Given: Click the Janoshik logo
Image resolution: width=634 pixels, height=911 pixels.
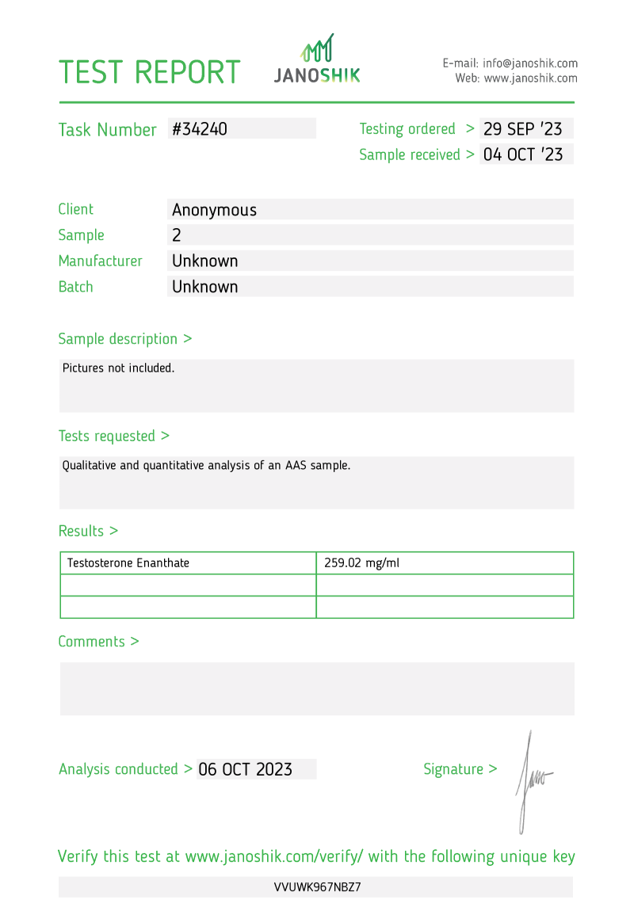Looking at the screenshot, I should [x=317, y=60].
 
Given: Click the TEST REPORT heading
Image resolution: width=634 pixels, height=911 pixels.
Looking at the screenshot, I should [x=149, y=72].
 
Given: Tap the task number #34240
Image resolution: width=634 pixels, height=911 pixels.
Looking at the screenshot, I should [x=200, y=129].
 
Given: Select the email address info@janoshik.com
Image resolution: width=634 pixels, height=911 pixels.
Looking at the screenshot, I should [x=530, y=63].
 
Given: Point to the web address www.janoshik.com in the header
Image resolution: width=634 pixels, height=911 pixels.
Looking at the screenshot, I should [x=530, y=78].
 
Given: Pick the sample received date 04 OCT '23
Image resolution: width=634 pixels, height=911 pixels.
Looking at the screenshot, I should [x=523, y=154].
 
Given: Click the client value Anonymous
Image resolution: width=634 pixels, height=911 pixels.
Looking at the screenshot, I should [x=214, y=210].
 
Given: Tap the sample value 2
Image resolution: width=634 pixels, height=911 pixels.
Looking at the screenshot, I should [x=177, y=235].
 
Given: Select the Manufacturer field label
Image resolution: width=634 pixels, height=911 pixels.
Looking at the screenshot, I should [x=100, y=261].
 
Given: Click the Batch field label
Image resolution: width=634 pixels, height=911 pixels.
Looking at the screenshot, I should [x=75, y=287].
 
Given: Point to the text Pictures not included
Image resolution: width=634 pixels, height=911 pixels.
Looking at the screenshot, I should [x=118, y=368].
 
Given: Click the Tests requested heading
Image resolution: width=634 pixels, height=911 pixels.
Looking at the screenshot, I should [x=113, y=436].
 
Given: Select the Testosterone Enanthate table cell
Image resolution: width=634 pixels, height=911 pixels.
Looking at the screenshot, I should [x=128, y=563].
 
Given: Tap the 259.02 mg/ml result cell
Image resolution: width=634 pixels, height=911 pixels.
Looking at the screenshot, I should [x=361, y=563].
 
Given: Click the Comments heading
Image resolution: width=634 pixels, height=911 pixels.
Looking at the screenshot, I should [x=98, y=642].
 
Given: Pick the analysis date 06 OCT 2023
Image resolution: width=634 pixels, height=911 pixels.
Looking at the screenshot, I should [x=246, y=769].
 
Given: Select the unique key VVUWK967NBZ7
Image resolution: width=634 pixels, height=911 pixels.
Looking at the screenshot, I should [x=317, y=887].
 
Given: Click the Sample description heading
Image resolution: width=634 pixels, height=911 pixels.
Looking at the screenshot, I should [x=124, y=339].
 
